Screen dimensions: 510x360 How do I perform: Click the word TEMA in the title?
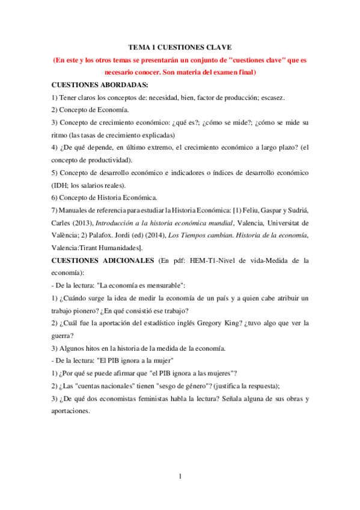coord(140,46)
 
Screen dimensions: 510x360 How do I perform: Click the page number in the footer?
coord(180,477)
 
